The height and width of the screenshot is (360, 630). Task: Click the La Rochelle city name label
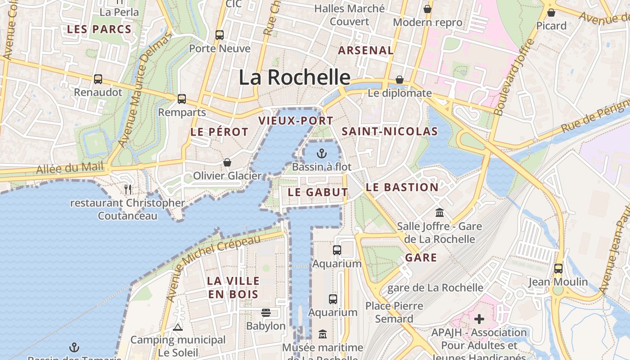[x=294, y=77]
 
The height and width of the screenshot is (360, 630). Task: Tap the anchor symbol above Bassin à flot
[x=321, y=153]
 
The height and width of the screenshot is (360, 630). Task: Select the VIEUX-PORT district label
[x=296, y=121]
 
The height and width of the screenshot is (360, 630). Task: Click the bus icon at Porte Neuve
[x=220, y=35]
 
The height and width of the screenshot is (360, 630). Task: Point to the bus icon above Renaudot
[x=98, y=79]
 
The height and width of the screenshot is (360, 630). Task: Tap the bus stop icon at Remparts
[x=182, y=99]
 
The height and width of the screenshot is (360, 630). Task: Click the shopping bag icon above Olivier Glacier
[x=227, y=162]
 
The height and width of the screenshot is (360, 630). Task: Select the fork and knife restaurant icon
[x=128, y=189]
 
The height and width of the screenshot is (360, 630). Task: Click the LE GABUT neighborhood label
[x=318, y=192]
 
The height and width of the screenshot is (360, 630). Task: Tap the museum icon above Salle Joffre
[x=440, y=212]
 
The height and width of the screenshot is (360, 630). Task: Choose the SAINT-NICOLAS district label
[x=390, y=131]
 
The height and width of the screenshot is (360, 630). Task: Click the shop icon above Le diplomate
[x=400, y=80]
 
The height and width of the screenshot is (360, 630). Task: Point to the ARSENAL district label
[x=366, y=50]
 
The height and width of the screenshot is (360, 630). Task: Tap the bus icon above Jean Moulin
[x=558, y=268]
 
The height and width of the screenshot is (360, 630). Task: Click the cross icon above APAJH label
[x=479, y=319]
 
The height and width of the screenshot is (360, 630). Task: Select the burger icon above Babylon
[x=266, y=312]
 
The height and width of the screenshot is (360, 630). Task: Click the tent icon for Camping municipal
[x=178, y=327]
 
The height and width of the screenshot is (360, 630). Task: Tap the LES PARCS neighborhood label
[x=99, y=30]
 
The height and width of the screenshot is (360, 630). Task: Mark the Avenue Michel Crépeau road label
[x=213, y=268]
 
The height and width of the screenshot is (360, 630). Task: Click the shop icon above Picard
[x=551, y=13]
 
